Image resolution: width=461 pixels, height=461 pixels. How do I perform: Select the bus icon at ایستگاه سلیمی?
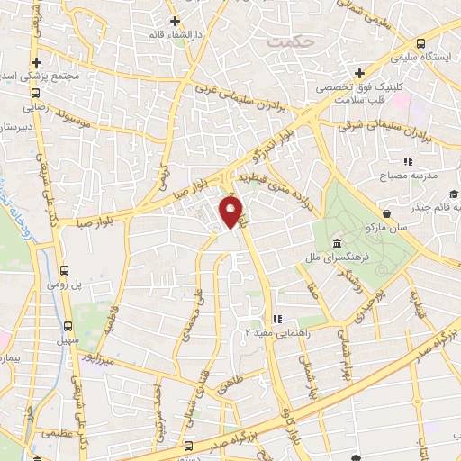[x=420, y=43]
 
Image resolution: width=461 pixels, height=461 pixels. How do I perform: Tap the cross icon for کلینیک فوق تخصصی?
[x=358, y=73]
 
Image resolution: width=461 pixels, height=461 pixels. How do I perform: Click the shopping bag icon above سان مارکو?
[x=387, y=213]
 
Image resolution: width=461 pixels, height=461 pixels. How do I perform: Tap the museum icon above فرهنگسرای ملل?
[x=336, y=244]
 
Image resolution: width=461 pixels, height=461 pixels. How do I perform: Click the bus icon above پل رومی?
[x=64, y=269]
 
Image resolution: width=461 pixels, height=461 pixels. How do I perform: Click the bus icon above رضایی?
[x=36, y=93]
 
